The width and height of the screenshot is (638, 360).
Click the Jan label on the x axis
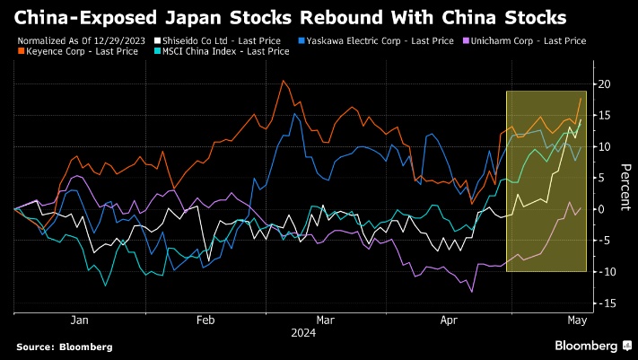(79, 320)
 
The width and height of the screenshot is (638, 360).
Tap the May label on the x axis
(576, 320)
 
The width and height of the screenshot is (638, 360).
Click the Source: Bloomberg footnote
(64, 347)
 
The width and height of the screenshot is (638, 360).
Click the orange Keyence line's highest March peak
(284, 82)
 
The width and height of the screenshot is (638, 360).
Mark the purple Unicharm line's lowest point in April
(471, 291)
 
